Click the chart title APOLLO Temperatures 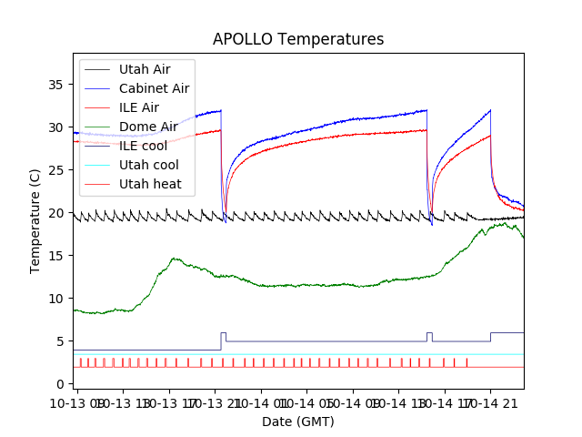coord(298,39)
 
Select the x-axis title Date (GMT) coord(298,422)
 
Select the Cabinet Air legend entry coord(154,88)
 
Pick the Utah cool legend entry coord(149,165)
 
